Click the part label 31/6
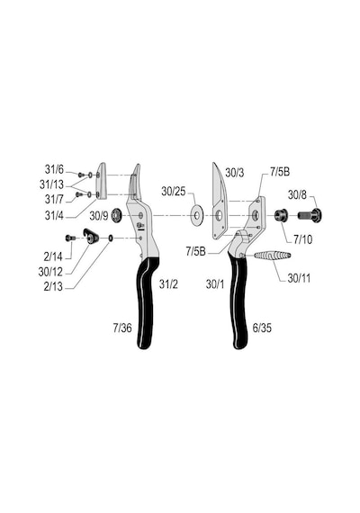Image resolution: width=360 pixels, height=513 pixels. coord(54,169)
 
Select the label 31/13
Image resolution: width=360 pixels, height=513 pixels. coord(51,184)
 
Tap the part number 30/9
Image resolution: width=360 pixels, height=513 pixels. coord(99,216)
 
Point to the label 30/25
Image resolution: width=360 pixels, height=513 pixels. coord(174,192)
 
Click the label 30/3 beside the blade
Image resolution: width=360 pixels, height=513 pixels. coord(235,173)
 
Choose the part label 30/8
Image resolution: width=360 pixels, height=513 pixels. coord(297,195)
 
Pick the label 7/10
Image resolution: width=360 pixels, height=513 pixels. coord(302,239)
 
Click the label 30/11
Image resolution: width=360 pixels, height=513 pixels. coord(299,278)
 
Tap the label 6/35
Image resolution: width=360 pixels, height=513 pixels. coord(262,328)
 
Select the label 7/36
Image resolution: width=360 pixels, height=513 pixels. coord(122,328)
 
